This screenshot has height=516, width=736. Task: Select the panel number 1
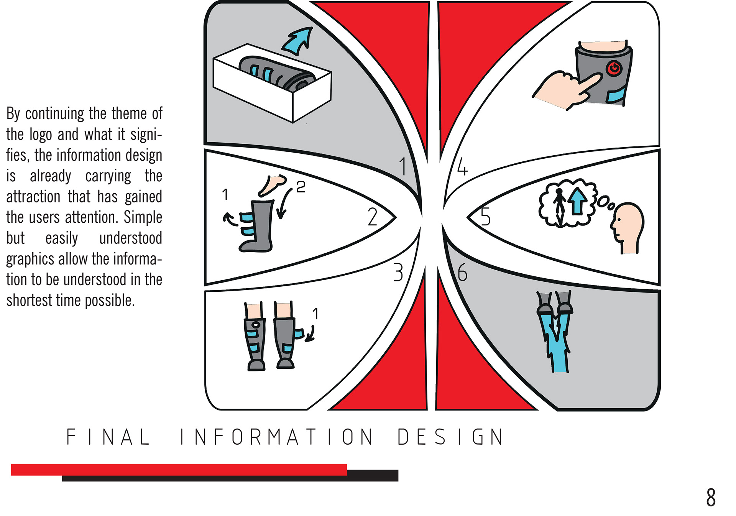[402, 166]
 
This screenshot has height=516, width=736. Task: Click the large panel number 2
[372, 217]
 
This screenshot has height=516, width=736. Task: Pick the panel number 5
[485, 216]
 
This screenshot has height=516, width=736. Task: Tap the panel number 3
[398, 272]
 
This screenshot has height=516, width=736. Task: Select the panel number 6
[462, 273]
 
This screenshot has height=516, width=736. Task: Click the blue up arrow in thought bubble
[577, 201]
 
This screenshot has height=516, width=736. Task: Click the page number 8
[711, 497]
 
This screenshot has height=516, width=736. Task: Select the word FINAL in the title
[108, 437]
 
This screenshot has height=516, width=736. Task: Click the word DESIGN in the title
[450, 437]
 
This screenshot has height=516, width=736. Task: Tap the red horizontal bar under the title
[179, 469]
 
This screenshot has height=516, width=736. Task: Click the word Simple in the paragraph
[143, 217]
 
